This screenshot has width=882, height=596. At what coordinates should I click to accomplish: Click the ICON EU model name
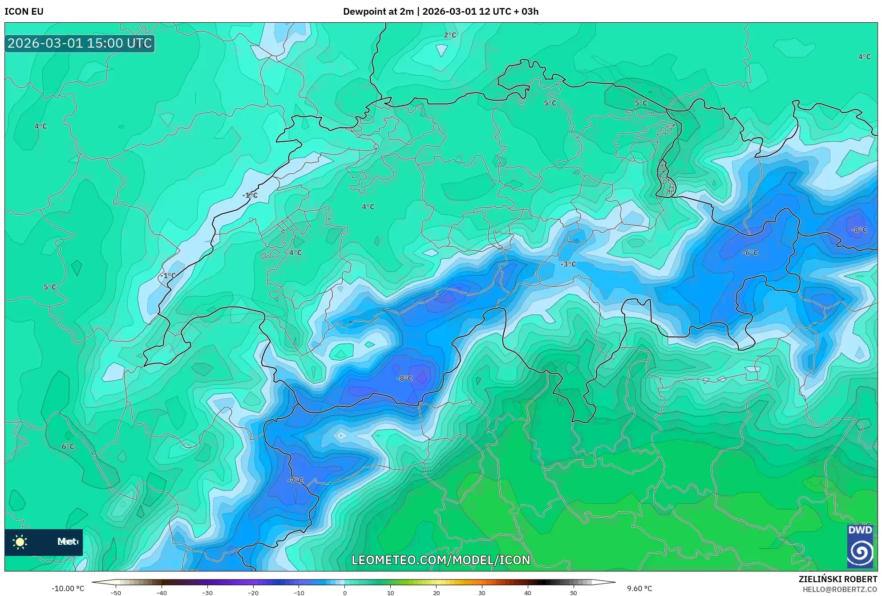(x=24, y=12)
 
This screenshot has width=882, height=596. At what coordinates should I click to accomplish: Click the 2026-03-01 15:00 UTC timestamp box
(x=80, y=43)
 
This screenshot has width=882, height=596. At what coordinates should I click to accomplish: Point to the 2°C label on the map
(x=450, y=35)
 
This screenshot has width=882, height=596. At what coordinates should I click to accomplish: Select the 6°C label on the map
(x=68, y=446)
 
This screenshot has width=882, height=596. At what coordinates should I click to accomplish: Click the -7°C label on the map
(x=295, y=480)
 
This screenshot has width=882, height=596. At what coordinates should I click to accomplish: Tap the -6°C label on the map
(x=750, y=253)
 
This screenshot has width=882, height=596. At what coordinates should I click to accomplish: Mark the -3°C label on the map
(x=568, y=264)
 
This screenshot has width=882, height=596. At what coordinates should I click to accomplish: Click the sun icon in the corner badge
(x=20, y=542)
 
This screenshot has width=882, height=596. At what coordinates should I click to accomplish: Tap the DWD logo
(x=860, y=546)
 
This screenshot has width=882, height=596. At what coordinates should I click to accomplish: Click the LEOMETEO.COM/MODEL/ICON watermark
(x=441, y=560)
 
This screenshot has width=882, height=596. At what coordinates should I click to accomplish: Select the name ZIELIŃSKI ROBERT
(x=837, y=579)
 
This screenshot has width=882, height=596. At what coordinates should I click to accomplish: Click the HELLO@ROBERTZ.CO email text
(x=839, y=589)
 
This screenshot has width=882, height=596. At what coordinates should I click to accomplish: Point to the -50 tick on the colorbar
(x=116, y=593)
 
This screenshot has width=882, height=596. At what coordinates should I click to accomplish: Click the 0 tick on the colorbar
(x=344, y=593)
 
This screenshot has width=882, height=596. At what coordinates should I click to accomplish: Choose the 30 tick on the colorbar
(x=482, y=593)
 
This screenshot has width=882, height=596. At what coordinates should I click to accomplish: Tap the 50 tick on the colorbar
(x=573, y=593)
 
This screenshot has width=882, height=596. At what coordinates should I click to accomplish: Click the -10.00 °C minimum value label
(x=68, y=588)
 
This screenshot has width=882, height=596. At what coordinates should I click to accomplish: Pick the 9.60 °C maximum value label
(x=639, y=588)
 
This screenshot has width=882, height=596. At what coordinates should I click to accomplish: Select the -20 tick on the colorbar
(x=253, y=593)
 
